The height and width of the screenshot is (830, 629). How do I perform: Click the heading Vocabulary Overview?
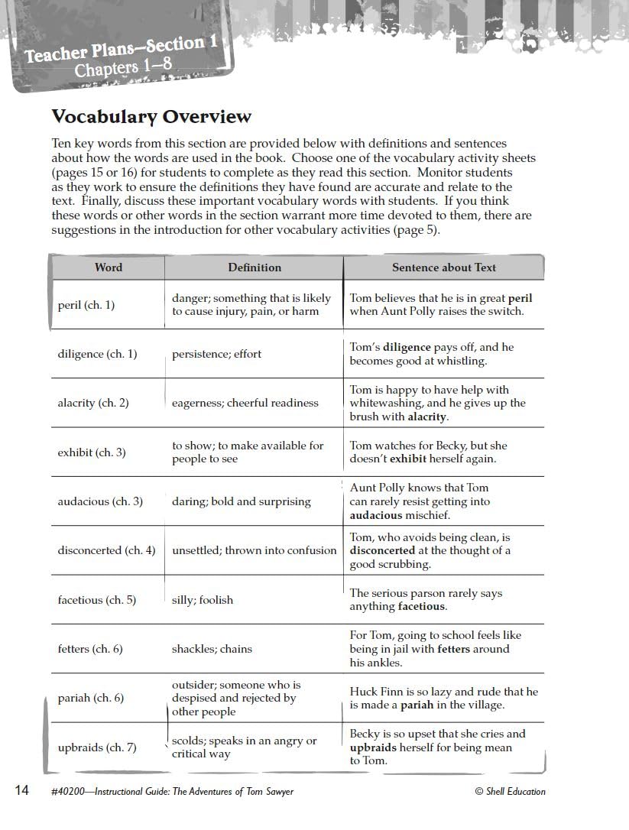click(151, 117)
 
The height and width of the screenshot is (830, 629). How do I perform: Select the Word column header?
click(108, 267)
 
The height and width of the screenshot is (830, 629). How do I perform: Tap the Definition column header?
click(255, 267)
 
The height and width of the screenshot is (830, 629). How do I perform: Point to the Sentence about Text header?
click(443, 267)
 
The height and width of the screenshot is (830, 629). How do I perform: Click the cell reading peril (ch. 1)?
click(86, 305)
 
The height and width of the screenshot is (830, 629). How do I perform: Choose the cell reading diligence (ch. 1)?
click(97, 354)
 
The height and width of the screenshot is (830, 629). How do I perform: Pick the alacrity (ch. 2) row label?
click(92, 403)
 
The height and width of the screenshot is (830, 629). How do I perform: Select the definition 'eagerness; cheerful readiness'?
click(245, 403)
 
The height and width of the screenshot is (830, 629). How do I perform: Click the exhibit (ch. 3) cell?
click(92, 452)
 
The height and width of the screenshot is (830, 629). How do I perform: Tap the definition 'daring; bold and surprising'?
click(241, 501)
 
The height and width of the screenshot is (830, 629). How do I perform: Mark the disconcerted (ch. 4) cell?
click(106, 550)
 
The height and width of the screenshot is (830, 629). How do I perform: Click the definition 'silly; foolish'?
click(203, 600)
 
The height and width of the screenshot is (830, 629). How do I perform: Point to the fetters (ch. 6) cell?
click(89, 649)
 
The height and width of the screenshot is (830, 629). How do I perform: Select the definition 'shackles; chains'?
click(212, 649)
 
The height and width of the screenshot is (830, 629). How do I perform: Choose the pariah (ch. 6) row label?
click(90, 698)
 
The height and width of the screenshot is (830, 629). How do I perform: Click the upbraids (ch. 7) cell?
click(97, 747)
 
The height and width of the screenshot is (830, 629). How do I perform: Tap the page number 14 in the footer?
click(21, 790)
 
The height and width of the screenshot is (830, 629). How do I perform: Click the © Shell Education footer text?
click(510, 791)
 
